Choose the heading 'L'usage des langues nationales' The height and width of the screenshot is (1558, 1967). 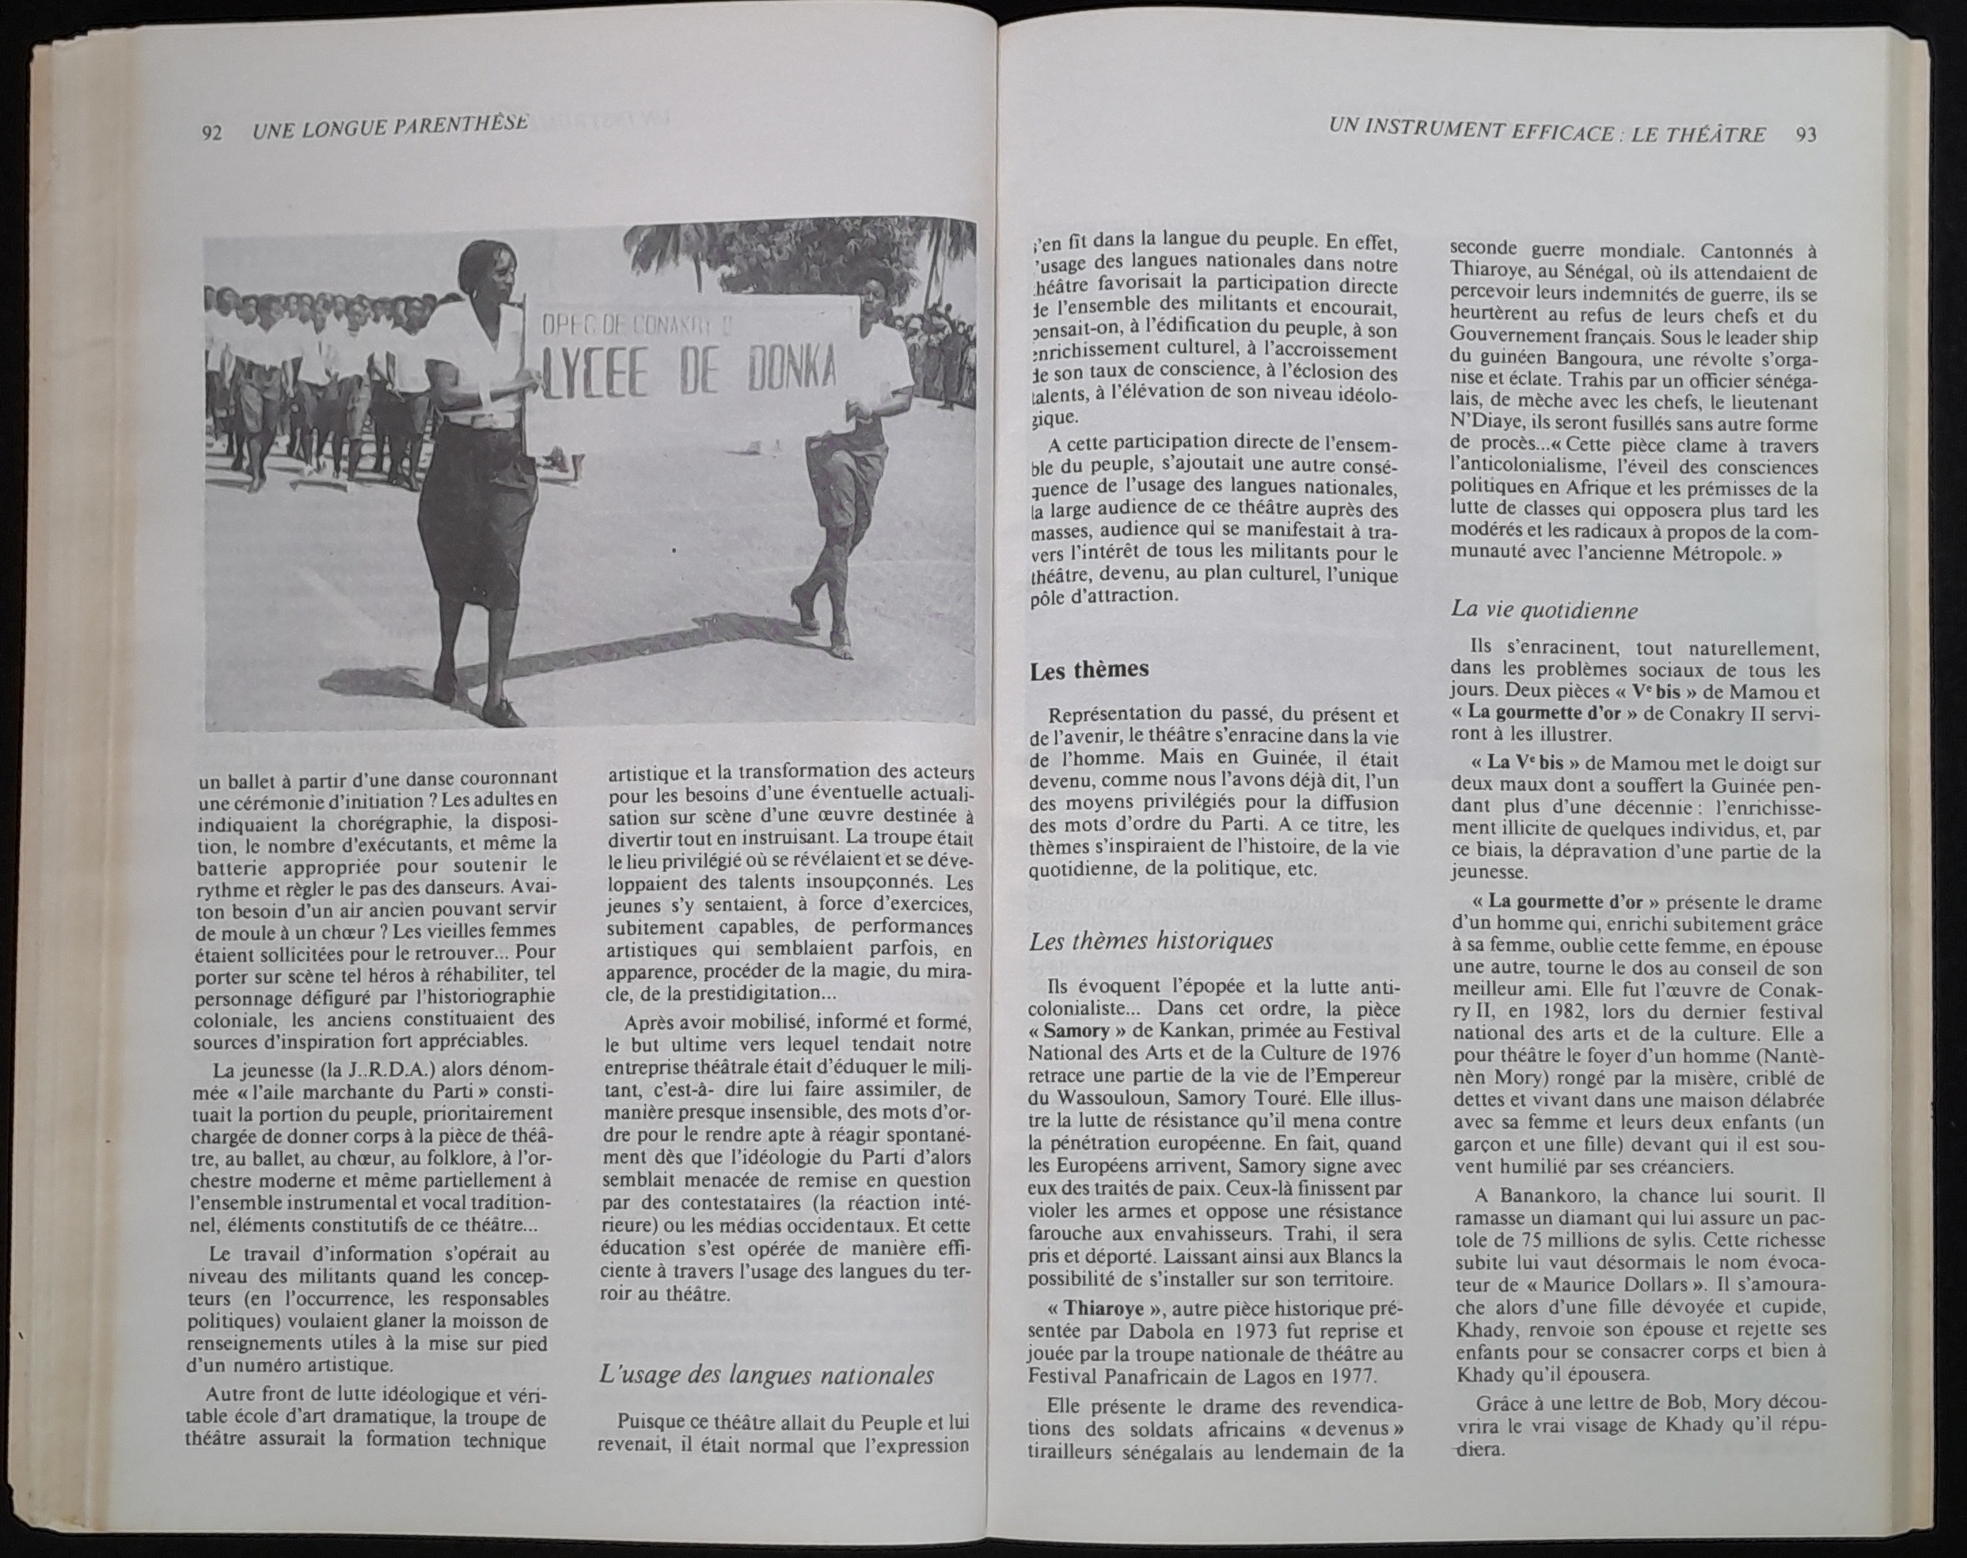(766, 1374)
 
